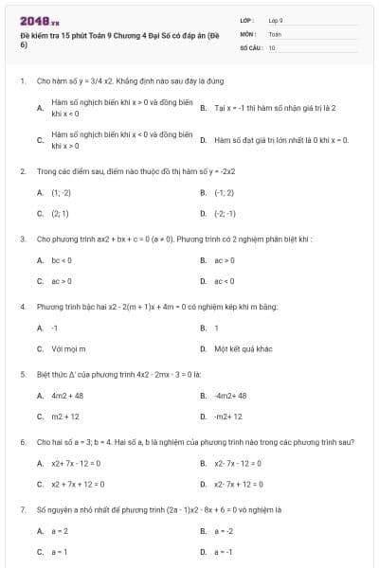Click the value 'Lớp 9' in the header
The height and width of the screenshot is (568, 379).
(x=277, y=20)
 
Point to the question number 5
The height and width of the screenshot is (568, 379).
(x=22, y=374)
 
